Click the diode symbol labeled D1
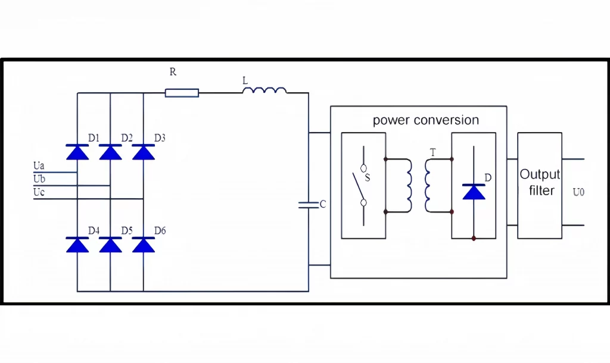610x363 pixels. [x=77, y=152]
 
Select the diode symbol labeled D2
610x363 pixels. [x=110, y=152]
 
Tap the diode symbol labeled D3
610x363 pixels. [x=144, y=152]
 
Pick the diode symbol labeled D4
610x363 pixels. [x=77, y=245]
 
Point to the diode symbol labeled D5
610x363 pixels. [x=110, y=245]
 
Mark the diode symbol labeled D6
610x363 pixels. [x=144, y=245]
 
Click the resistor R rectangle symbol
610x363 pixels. [x=182, y=92]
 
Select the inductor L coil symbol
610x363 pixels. [x=264, y=90]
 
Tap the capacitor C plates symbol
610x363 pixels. [x=309, y=205]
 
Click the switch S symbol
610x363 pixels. [x=362, y=186]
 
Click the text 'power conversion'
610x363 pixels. [x=425, y=120]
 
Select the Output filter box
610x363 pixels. [x=540, y=185]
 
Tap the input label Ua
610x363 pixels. [x=39, y=165]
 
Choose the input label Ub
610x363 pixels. [x=39, y=179]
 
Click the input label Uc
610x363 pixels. [x=39, y=192]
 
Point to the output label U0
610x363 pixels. [x=578, y=192]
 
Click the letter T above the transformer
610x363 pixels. [x=432, y=153]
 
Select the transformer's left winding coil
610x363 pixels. [x=408, y=185]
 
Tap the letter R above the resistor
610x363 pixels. [x=173, y=72]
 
